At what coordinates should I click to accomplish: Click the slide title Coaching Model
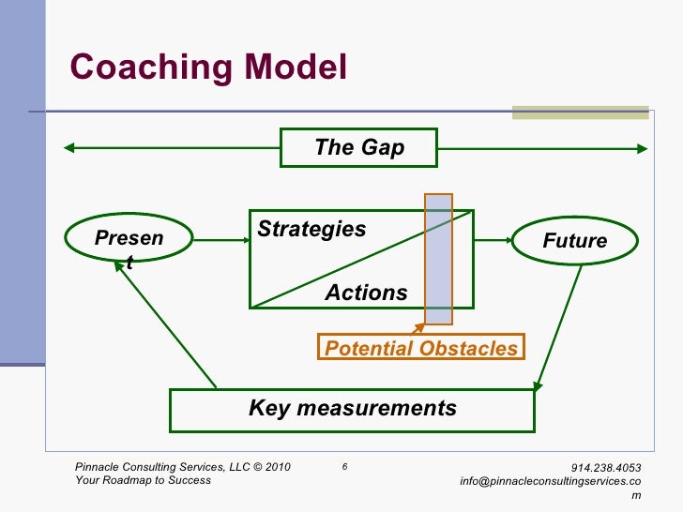coord(209,68)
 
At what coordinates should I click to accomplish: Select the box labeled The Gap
coord(359,147)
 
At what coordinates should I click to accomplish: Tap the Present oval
coord(129,241)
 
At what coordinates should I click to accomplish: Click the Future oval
coord(574,241)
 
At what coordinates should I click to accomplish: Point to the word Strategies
coord(311,230)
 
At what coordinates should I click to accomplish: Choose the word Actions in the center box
coord(366,293)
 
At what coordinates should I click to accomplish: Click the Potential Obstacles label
coord(420,348)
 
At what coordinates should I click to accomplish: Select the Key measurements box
coord(352,409)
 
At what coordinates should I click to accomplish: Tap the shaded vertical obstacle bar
coord(438,259)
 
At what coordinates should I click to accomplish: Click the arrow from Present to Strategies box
coord(220,241)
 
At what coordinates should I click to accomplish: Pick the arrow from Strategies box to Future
coord(492,241)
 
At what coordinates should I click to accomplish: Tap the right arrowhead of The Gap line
coord(642,147)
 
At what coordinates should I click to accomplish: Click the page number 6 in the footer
coord(345,466)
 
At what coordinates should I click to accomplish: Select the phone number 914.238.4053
coord(608,467)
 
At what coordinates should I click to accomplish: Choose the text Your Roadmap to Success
coord(143,480)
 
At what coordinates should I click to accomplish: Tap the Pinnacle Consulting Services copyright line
coord(182,467)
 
